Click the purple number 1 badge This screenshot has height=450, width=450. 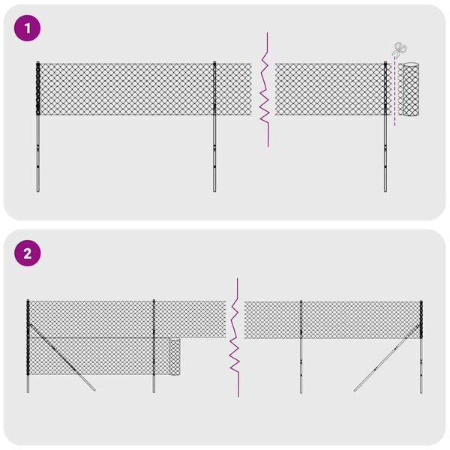(28, 29)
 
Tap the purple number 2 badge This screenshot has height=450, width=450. (28, 253)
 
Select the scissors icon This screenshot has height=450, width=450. (397, 50)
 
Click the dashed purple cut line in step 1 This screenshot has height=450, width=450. (394, 97)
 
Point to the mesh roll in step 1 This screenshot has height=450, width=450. (410, 90)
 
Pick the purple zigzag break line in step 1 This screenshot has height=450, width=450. (264, 90)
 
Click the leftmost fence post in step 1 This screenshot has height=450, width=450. (37, 127)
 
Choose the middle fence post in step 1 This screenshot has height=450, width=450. (214, 127)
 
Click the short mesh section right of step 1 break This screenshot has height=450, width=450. (330, 89)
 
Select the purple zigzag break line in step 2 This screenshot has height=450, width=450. (235, 337)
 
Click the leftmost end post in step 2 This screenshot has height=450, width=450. (28, 345)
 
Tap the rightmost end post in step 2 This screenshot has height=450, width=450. (421, 345)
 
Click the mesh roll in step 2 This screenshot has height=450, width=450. (175, 358)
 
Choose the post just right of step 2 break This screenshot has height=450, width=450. (301, 352)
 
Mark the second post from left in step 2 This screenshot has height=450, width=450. (154, 352)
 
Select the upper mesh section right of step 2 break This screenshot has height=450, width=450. (334, 319)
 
